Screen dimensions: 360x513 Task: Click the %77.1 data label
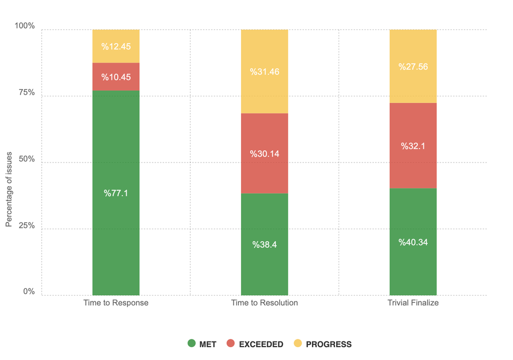pos(116,193)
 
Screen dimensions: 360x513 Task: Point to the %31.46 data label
pos(264,72)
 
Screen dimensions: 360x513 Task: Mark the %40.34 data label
pos(413,242)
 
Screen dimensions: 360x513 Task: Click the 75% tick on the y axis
pos(25,93)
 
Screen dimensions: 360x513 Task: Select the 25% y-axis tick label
pos(25,225)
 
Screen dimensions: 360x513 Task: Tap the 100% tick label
pos(24,26)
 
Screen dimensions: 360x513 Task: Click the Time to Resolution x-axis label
pos(264,303)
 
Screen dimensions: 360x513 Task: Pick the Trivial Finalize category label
pos(413,303)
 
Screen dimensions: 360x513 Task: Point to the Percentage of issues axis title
pos(9,192)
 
